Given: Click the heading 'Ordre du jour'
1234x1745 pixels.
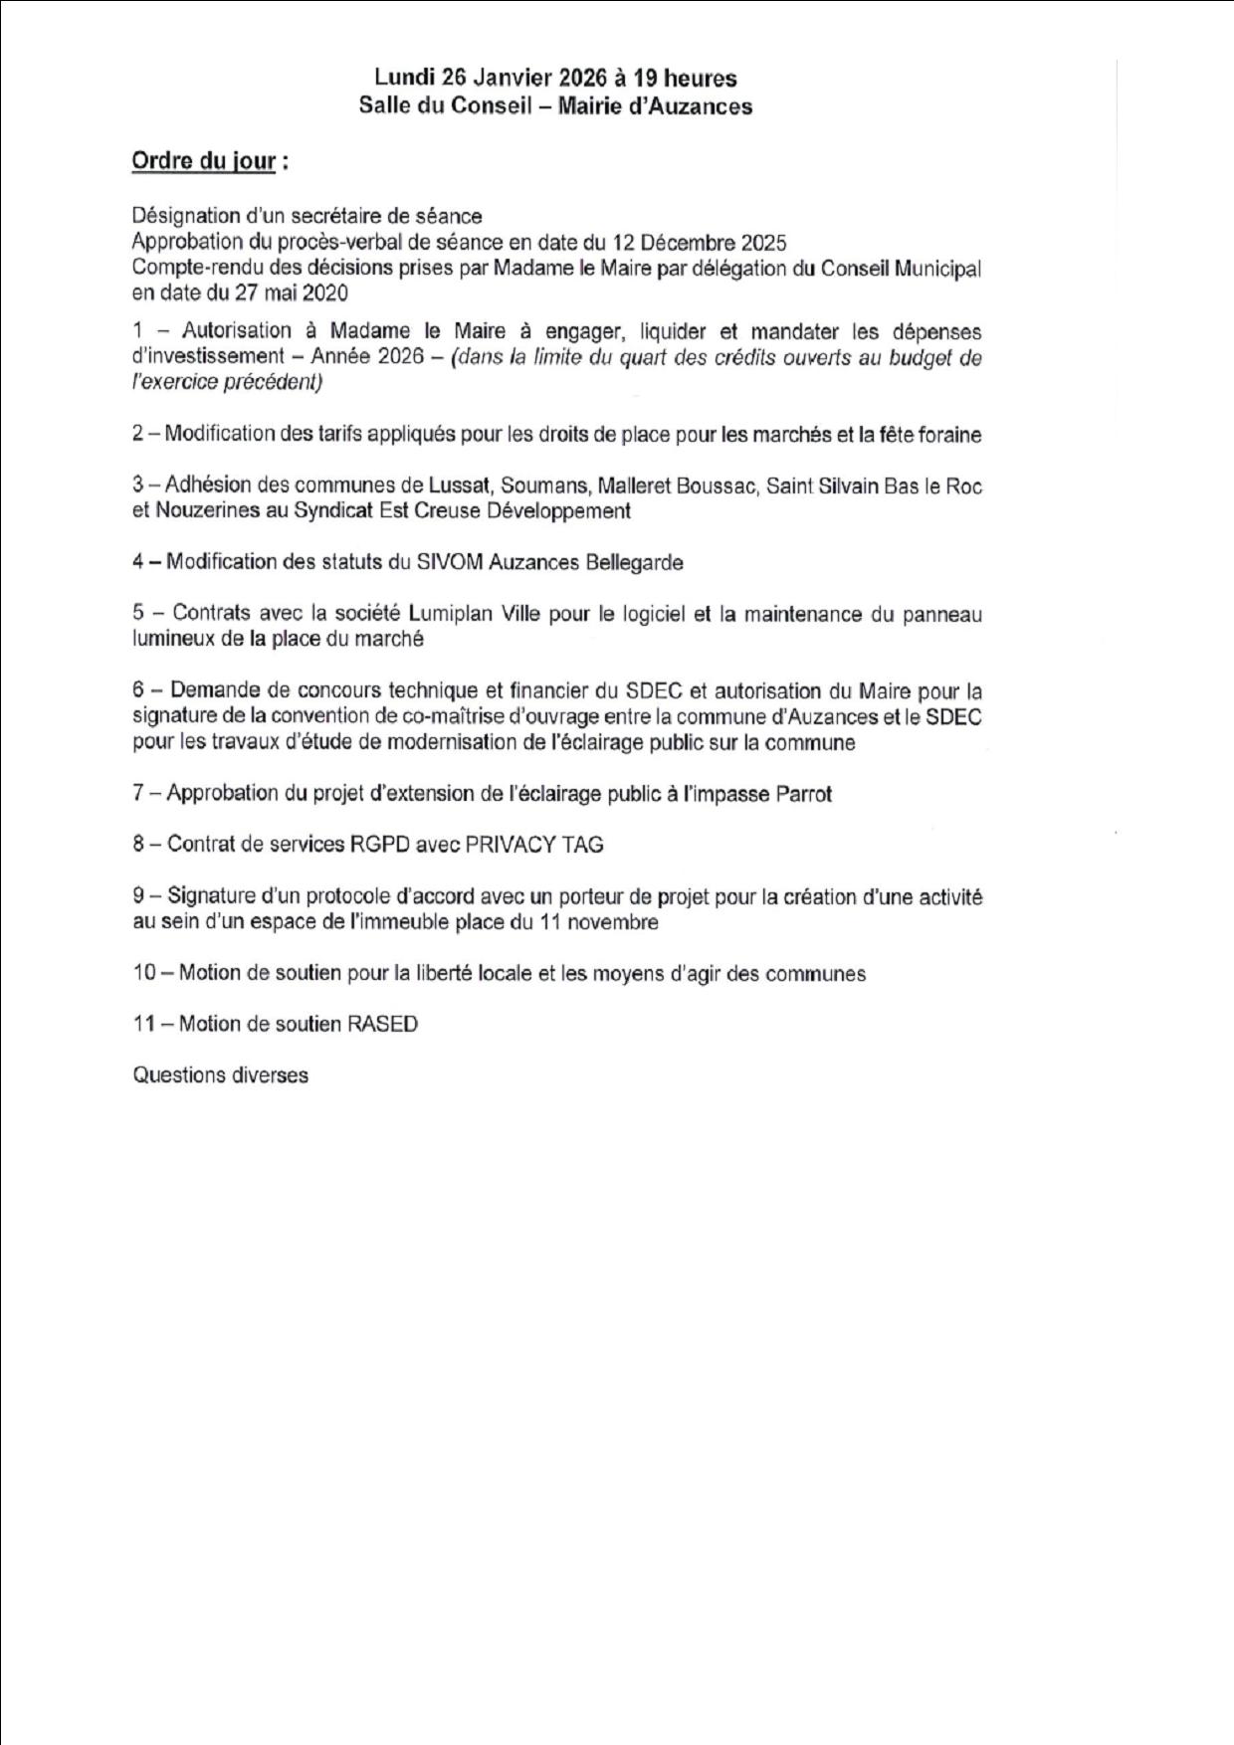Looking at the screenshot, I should pyautogui.click(x=204, y=161).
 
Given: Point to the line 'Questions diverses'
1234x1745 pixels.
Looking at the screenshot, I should pyautogui.click(x=221, y=1075).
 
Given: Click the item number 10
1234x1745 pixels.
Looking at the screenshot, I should pyautogui.click(x=144, y=973).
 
